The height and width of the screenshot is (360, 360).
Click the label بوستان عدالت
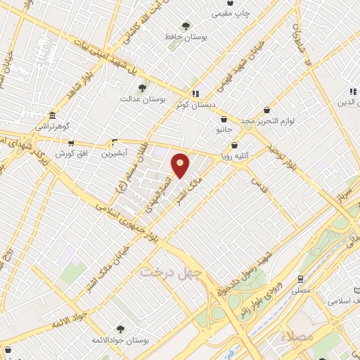pos(142,100)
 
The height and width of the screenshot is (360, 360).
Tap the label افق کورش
pos(70,153)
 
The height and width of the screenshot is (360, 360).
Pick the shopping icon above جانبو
pos(224,119)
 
